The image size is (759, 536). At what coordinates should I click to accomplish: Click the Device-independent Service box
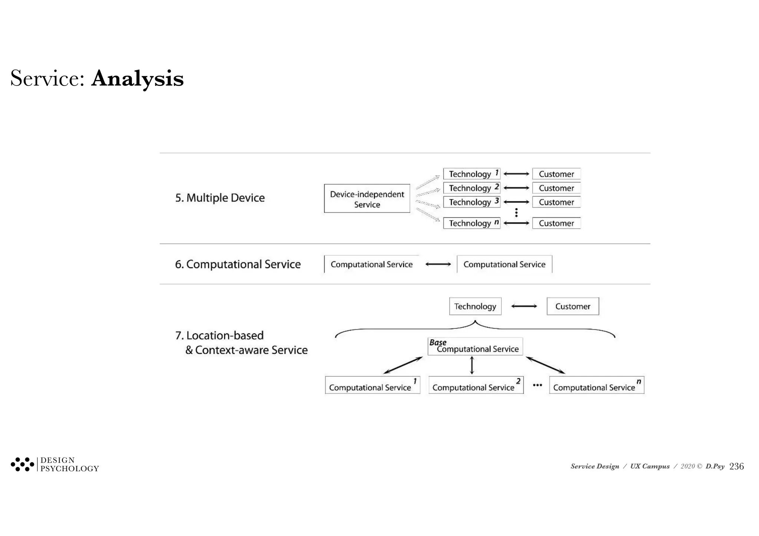tap(367, 199)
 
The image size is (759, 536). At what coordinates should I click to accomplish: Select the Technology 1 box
tap(471, 174)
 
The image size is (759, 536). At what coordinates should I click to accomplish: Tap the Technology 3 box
tap(471, 202)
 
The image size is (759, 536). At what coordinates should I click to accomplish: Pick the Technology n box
tap(471, 223)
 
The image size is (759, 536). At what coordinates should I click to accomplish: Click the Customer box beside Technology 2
tap(556, 188)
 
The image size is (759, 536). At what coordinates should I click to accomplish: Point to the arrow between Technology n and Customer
tap(516, 223)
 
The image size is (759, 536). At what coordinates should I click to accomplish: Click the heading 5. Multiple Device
tap(220, 198)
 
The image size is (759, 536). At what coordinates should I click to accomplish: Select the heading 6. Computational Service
tap(238, 264)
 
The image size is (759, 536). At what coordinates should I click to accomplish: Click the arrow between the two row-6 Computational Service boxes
tap(438, 264)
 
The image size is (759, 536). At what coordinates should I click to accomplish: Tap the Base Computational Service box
tap(475, 347)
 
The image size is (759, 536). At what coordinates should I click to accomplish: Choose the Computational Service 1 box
tap(372, 385)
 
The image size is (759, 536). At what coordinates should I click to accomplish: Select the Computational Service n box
tap(596, 385)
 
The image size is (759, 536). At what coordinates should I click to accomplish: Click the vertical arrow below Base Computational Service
tap(472, 365)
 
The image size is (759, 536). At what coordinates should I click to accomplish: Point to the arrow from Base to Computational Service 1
tap(403, 365)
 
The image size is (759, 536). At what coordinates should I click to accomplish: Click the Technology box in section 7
tap(475, 306)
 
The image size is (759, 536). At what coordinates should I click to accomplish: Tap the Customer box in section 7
tap(573, 306)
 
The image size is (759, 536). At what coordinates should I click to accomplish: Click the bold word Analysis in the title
tap(137, 79)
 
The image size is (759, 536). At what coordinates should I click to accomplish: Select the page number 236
tap(736, 466)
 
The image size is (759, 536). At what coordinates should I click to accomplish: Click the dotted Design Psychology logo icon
tap(22, 464)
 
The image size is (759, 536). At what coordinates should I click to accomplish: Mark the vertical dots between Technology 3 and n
tap(516, 213)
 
